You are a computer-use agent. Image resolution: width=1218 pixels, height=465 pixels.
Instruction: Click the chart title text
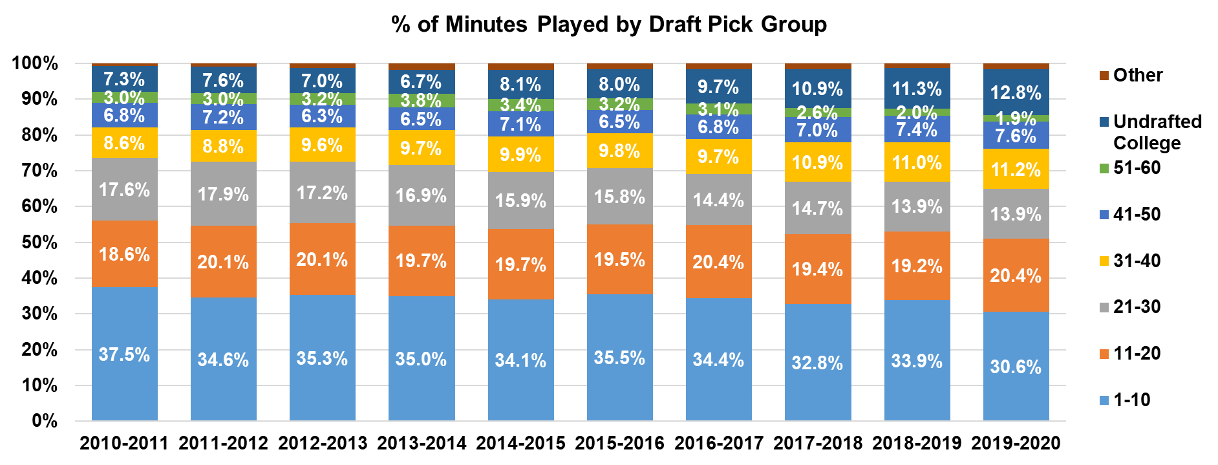(x=609, y=25)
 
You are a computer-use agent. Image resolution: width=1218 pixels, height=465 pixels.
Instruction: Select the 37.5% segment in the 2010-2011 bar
(x=124, y=354)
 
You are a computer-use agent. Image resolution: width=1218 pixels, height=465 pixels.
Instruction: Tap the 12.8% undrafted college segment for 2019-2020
(x=1016, y=92)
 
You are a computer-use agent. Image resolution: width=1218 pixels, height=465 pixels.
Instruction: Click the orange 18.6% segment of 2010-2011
(x=124, y=254)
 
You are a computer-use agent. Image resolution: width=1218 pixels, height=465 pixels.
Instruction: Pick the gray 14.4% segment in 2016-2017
(x=718, y=200)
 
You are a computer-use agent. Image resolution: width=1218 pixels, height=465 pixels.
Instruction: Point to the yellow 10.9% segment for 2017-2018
(x=817, y=162)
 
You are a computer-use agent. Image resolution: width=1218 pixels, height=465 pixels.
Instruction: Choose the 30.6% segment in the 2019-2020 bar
(x=1016, y=366)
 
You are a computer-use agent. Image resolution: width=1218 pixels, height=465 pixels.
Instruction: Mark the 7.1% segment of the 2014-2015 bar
(x=520, y=124)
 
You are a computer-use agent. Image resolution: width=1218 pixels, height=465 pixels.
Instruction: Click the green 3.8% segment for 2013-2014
(x=421, y=100)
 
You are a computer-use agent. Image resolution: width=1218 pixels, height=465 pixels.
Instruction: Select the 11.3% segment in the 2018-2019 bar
(x=917, y=88)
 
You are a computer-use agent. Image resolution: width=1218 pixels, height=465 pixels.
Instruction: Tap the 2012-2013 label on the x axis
(x=322, y=443)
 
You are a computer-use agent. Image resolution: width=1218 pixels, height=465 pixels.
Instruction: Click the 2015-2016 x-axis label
(x=619, y=443)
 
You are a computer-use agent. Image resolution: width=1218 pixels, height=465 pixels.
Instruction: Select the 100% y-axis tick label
(x=36, y=63)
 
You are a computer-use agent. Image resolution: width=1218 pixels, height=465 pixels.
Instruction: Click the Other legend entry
(x=1138, y=75)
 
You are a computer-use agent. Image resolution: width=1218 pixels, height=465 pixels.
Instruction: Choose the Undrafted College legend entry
(x=1157, y=132)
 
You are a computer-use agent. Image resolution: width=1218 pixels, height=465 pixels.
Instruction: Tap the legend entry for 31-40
(x=1137, y=261)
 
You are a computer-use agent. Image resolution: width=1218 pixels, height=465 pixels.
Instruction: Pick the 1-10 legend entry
(x=1131, y=400)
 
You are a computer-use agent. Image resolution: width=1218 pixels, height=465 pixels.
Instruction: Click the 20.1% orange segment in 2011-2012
(x=223, y=261)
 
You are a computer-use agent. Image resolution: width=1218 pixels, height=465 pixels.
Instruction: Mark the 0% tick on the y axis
(x=45, y=421)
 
